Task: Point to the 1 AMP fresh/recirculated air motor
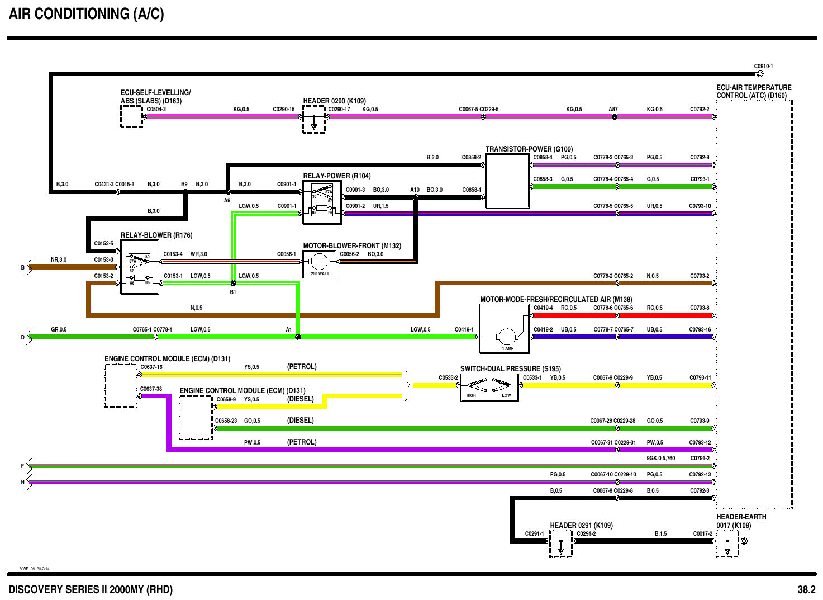[x=507, y=337]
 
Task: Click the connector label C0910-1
[x=764, y=66]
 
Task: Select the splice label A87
[x=613, y=109]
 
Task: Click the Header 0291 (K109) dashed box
[x=560, y=544]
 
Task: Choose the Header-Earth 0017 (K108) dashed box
[x=727, y=544]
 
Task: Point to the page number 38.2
[x=806, y=589]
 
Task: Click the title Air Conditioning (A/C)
[x=87, y=14]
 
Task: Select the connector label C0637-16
[x=151, y=367]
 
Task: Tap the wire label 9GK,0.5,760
[x=660, y=459]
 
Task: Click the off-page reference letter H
[x=23, y=482]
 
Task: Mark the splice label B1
[x=233, y=292]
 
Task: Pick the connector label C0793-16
[x=700, y=329]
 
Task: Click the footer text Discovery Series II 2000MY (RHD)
[x=91, y=589]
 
